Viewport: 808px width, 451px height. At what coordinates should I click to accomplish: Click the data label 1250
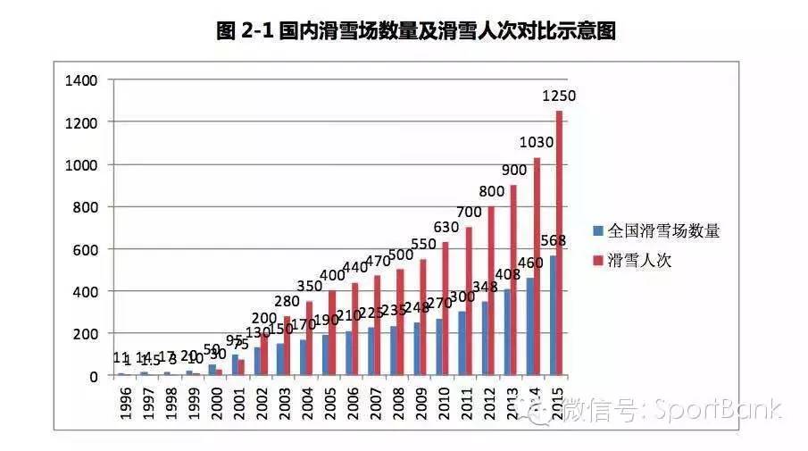560,95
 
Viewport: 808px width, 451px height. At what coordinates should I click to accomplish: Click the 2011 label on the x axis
467,405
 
